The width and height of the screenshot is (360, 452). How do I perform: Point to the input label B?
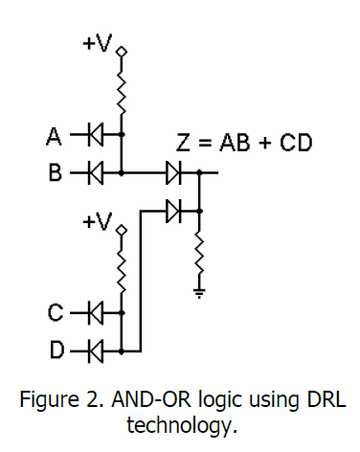pyautogui.click(x=55, y=173)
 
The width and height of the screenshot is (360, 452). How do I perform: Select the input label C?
pyautogui.click(x=55, y=311)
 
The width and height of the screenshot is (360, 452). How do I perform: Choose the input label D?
pyautogui.click(x=55, y=350)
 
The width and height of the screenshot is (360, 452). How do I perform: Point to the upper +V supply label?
pyautogui.click(x=98, y=43)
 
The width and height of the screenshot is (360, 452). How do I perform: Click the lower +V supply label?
pyautogui.click(x=98, y=222)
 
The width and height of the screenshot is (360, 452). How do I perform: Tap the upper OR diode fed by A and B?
pyautogui.click(x=173, y=173)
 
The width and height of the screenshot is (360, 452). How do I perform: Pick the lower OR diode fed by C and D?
pyautogui.click(x=173, y=208)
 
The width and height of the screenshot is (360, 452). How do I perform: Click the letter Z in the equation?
pyautogui.click(x=184, y=144)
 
